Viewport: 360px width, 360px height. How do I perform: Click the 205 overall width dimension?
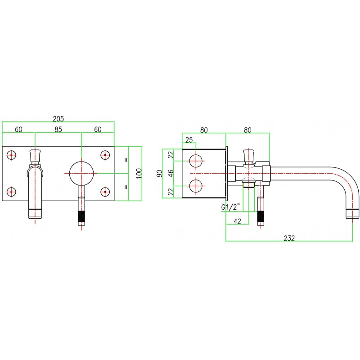[58, 119]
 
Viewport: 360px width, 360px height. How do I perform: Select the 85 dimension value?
[58, 129]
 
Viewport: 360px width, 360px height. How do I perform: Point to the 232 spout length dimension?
[289, 238]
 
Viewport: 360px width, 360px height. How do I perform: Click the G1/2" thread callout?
[231, 207]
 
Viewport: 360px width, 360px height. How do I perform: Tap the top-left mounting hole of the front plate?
[12, 155]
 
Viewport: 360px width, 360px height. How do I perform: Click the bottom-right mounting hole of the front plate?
[105, 191]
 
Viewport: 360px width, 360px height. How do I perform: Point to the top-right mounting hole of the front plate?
[105, 155]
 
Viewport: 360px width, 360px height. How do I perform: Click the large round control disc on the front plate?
[81, 173]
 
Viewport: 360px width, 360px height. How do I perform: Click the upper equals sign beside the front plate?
[126, 160]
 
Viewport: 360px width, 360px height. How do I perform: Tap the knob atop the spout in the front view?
[35, 155]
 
